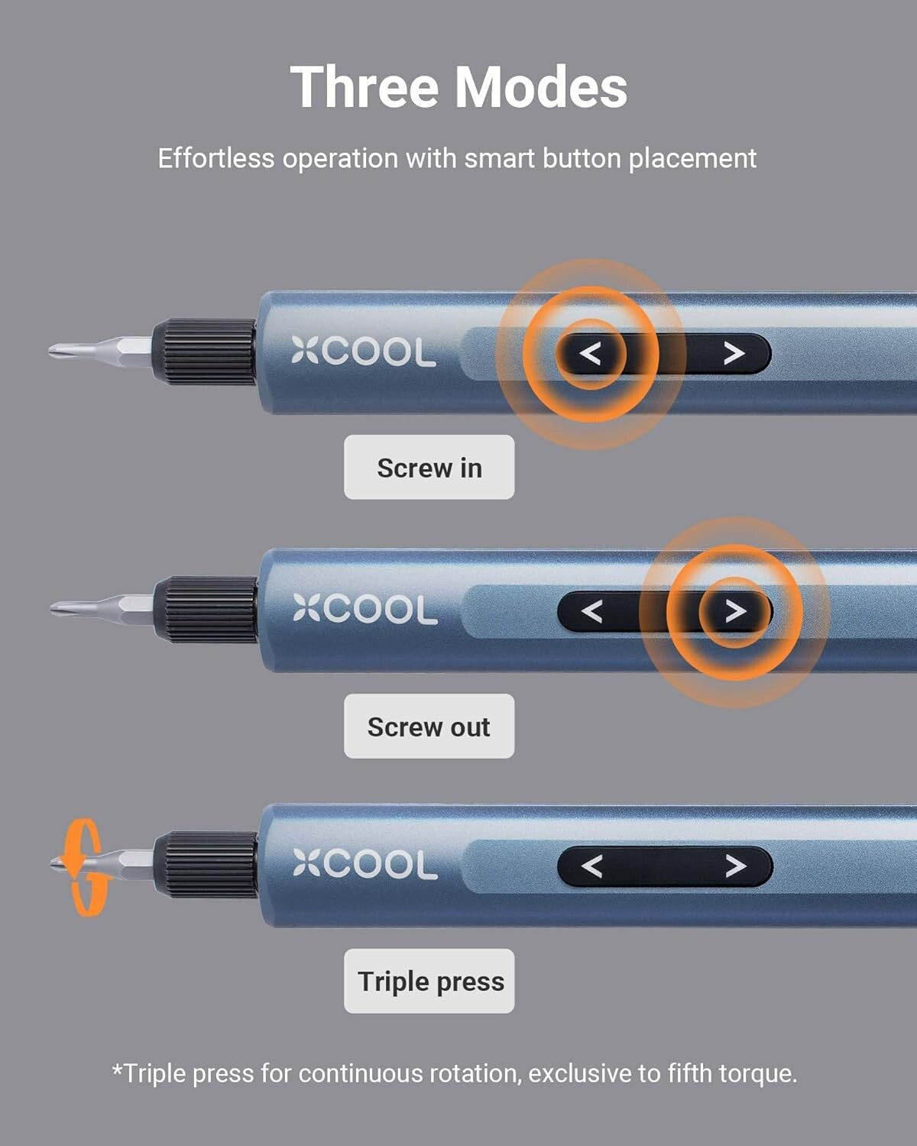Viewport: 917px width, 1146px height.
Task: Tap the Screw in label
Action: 429,468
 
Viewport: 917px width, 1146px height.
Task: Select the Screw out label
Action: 429,727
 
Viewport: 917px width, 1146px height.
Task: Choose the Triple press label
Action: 429,982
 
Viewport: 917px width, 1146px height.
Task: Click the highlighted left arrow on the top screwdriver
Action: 590,354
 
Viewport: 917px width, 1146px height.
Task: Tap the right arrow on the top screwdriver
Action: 734,354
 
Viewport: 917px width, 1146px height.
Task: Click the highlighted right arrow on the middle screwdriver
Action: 734,611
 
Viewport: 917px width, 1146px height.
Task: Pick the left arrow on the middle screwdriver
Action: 591,611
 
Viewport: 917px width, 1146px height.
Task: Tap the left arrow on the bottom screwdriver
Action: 591,866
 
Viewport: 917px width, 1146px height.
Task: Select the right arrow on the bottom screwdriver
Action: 734,866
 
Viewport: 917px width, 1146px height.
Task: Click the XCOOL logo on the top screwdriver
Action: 363,353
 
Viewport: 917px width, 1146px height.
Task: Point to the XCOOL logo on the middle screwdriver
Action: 365,610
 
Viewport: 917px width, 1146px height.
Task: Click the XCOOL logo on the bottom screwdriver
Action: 365,865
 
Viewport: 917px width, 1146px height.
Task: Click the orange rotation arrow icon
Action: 83,867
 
